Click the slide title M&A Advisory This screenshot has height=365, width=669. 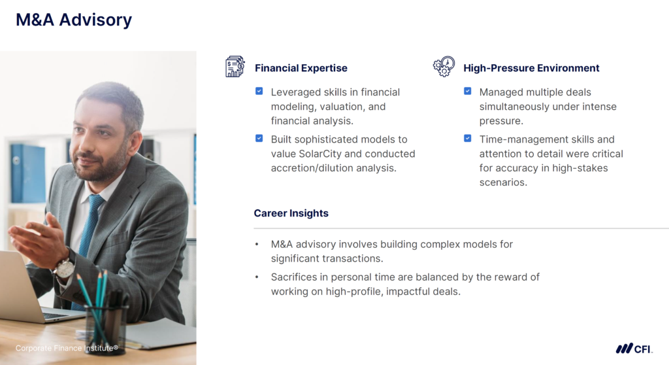pyautogui.click(x=74, y=20)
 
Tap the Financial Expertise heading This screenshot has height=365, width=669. pyautogui.click(x=301, y=68)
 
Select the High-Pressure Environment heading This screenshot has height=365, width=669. pyautogui.click(x=531, y=68)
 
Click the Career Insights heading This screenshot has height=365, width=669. pyautogui.click(x=291, y=213)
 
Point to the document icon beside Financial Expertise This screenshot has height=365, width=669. pyautogui.click(x=235, y=67)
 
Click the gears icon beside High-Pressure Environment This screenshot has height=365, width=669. pyautogui.click(x=444, y=67)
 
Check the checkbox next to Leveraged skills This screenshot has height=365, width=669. pyautogui.click(x=259, y=92)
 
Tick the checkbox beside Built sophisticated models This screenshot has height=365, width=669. pyautogui.click(x=259, y=139)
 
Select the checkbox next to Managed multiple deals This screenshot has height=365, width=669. pyautogui.click(x=468, y=92)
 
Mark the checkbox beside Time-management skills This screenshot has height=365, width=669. pyautogui.click(x=468, y=139)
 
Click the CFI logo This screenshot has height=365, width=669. pyautogui.click(x=633, y=349)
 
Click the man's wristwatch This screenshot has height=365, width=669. pyautogui.click(x=64, y=267)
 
